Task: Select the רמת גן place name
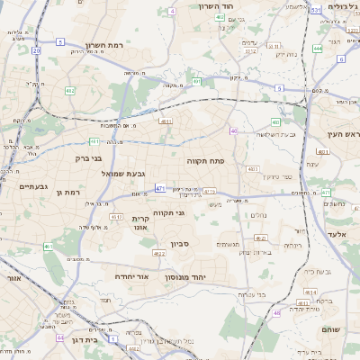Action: click(68, 192)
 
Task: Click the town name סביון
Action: click(178, 243)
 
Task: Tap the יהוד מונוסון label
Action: click(212, 276)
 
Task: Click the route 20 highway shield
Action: click(36, 51)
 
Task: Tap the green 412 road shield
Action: click(70, 91)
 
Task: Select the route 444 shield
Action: click(318, 49)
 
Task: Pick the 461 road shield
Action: click(47, 246)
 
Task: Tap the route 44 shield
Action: click(59, 337)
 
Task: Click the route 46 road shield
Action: click(277, 312)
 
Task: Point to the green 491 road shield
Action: click(196, 81)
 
